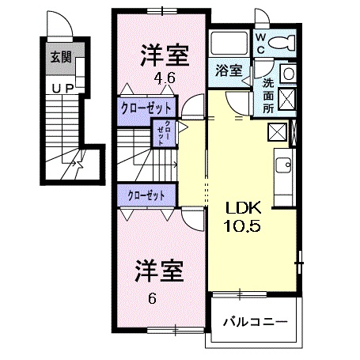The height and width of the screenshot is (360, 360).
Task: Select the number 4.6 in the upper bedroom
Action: (164, 78)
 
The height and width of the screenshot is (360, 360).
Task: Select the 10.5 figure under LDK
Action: (244, 225)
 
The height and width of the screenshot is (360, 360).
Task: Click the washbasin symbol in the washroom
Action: (289, 73)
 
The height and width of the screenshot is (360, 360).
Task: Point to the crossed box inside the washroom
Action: (289, 100)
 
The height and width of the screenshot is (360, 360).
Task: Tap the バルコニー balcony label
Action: (254, 322)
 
